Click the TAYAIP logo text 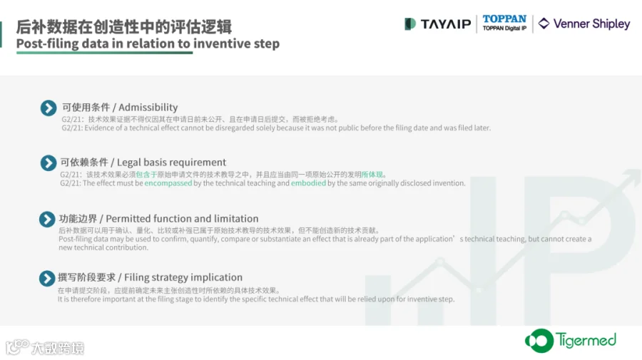point(446,24)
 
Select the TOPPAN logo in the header point(504,23)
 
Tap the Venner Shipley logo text point(591,24)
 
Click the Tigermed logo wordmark point(586,340)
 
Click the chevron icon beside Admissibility point(49,108)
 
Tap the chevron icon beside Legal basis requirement point(49,163)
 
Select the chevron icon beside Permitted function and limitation point(47,220)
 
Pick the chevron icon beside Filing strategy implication point(47,278)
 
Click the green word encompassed point(168,183)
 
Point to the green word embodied point(308,183)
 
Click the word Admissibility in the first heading point(148,108)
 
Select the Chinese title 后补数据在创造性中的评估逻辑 point(124,27)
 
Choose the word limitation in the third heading point(236,218)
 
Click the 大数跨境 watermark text point(58,348)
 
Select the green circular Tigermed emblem point(539,340)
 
